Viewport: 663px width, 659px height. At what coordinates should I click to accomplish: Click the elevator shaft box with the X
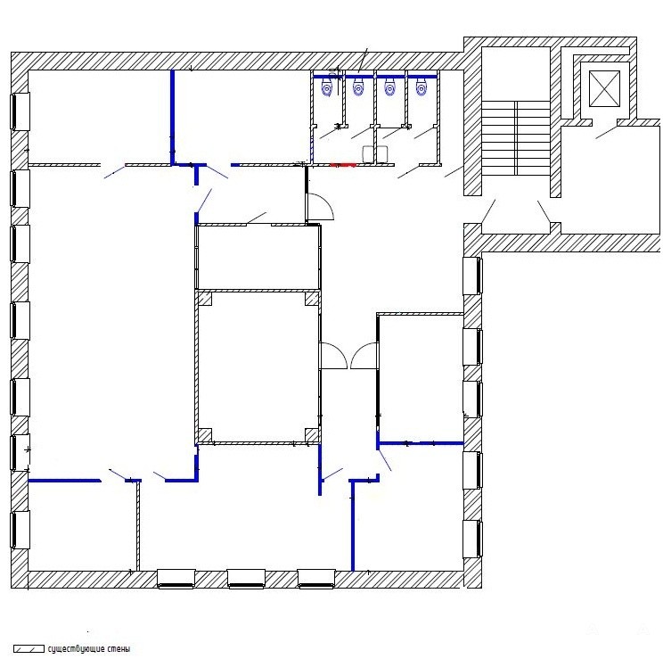[x=604, y=89]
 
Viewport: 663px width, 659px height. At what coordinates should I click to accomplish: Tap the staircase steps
[x=516, y=138]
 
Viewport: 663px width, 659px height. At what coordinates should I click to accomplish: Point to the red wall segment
[x=343, y=165]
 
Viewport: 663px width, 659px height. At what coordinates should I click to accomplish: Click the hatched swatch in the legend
[x=29, y=649]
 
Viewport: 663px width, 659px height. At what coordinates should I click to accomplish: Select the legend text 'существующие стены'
[x=89, y=649]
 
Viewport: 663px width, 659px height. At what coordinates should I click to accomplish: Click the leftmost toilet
[x=327, y=88]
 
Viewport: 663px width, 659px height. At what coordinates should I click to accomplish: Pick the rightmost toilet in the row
[x=422, y=87]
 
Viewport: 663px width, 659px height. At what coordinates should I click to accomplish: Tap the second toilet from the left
[x=358, y=88]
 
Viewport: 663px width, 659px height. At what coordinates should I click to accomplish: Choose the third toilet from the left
[x=389, y=87]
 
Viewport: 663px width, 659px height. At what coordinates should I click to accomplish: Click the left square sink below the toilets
[x=368, y=154]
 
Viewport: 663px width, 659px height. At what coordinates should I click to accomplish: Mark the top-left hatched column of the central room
[x=205, y=299]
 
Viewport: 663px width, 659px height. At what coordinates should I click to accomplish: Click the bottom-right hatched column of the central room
[x=312, y=434]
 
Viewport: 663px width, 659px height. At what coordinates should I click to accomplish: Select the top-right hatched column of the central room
[x=312, y=299]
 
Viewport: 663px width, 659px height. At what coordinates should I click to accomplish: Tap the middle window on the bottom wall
[x=246, y=579]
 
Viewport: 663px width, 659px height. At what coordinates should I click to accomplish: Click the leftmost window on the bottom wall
[x=176, y=579]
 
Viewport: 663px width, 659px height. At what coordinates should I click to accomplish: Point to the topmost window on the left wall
[x=20, y=111]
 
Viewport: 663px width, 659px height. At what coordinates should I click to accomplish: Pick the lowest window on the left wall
[x=20, y=530]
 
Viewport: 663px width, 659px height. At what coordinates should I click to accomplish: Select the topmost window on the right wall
[x=472, y=276]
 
